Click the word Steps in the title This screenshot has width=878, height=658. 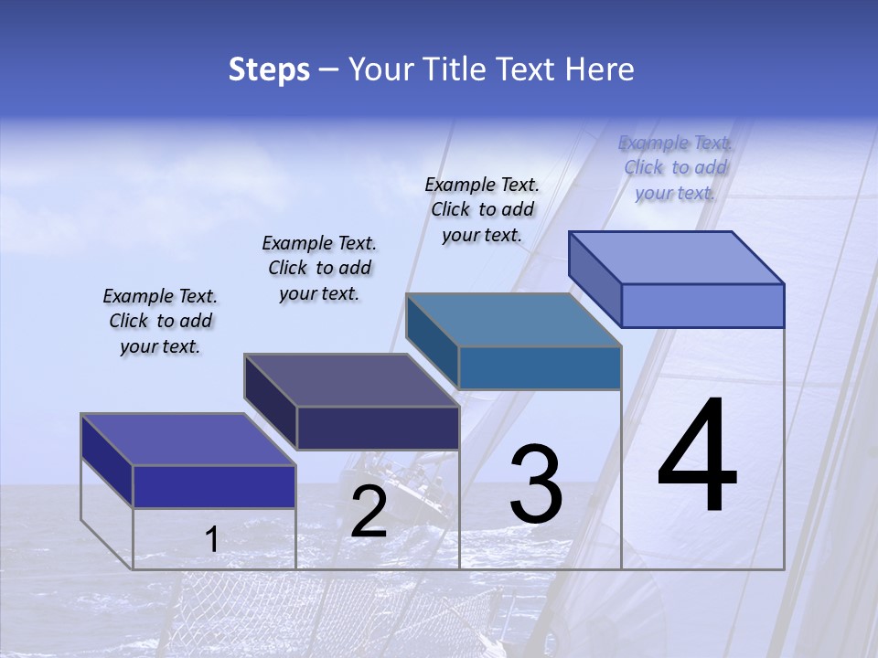(269, 69)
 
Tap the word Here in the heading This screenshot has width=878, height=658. (598, 69)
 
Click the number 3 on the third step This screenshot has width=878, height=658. (536, 484)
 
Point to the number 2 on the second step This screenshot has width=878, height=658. (369, 512)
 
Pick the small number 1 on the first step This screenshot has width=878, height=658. (212, 540)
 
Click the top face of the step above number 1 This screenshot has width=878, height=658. (187, 439)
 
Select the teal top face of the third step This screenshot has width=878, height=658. (513, 320)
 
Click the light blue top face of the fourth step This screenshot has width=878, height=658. (676, 257)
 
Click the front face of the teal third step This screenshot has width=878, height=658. (540, 367)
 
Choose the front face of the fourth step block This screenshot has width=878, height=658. (702, 305)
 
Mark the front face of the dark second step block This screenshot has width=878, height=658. (378, 428)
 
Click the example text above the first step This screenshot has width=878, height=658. (160, 321)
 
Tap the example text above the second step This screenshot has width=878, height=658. (319, 268)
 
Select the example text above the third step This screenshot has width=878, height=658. (482, 209)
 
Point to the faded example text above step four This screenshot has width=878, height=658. (676, 167)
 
